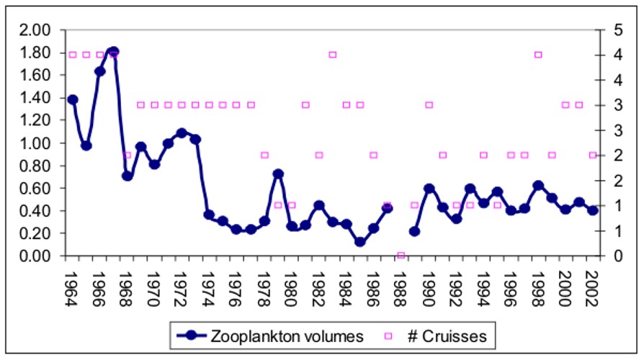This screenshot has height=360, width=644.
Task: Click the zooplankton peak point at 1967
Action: pos(113,52)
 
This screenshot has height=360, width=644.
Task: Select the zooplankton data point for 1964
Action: pos(72,99)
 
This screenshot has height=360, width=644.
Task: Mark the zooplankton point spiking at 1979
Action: pos(278,174)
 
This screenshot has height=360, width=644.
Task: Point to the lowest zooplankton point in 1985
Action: pos(359,242)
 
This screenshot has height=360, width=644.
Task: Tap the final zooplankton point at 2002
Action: pos(593,210)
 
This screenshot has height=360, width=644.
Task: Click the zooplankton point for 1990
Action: pos(429,188)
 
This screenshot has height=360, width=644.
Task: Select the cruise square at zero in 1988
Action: pos(401,256)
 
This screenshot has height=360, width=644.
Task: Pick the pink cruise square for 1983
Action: pos(333,55)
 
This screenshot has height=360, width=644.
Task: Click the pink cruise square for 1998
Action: pos(538,55)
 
